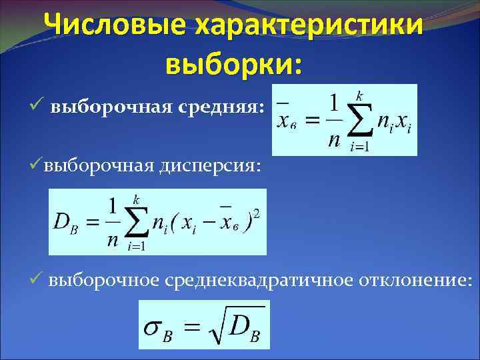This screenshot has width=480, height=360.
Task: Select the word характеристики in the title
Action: [310, 27]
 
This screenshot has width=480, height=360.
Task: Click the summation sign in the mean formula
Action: [361, 122]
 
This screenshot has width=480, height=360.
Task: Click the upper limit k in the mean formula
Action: [360, 97]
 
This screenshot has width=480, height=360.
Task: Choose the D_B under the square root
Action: [244, 326]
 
